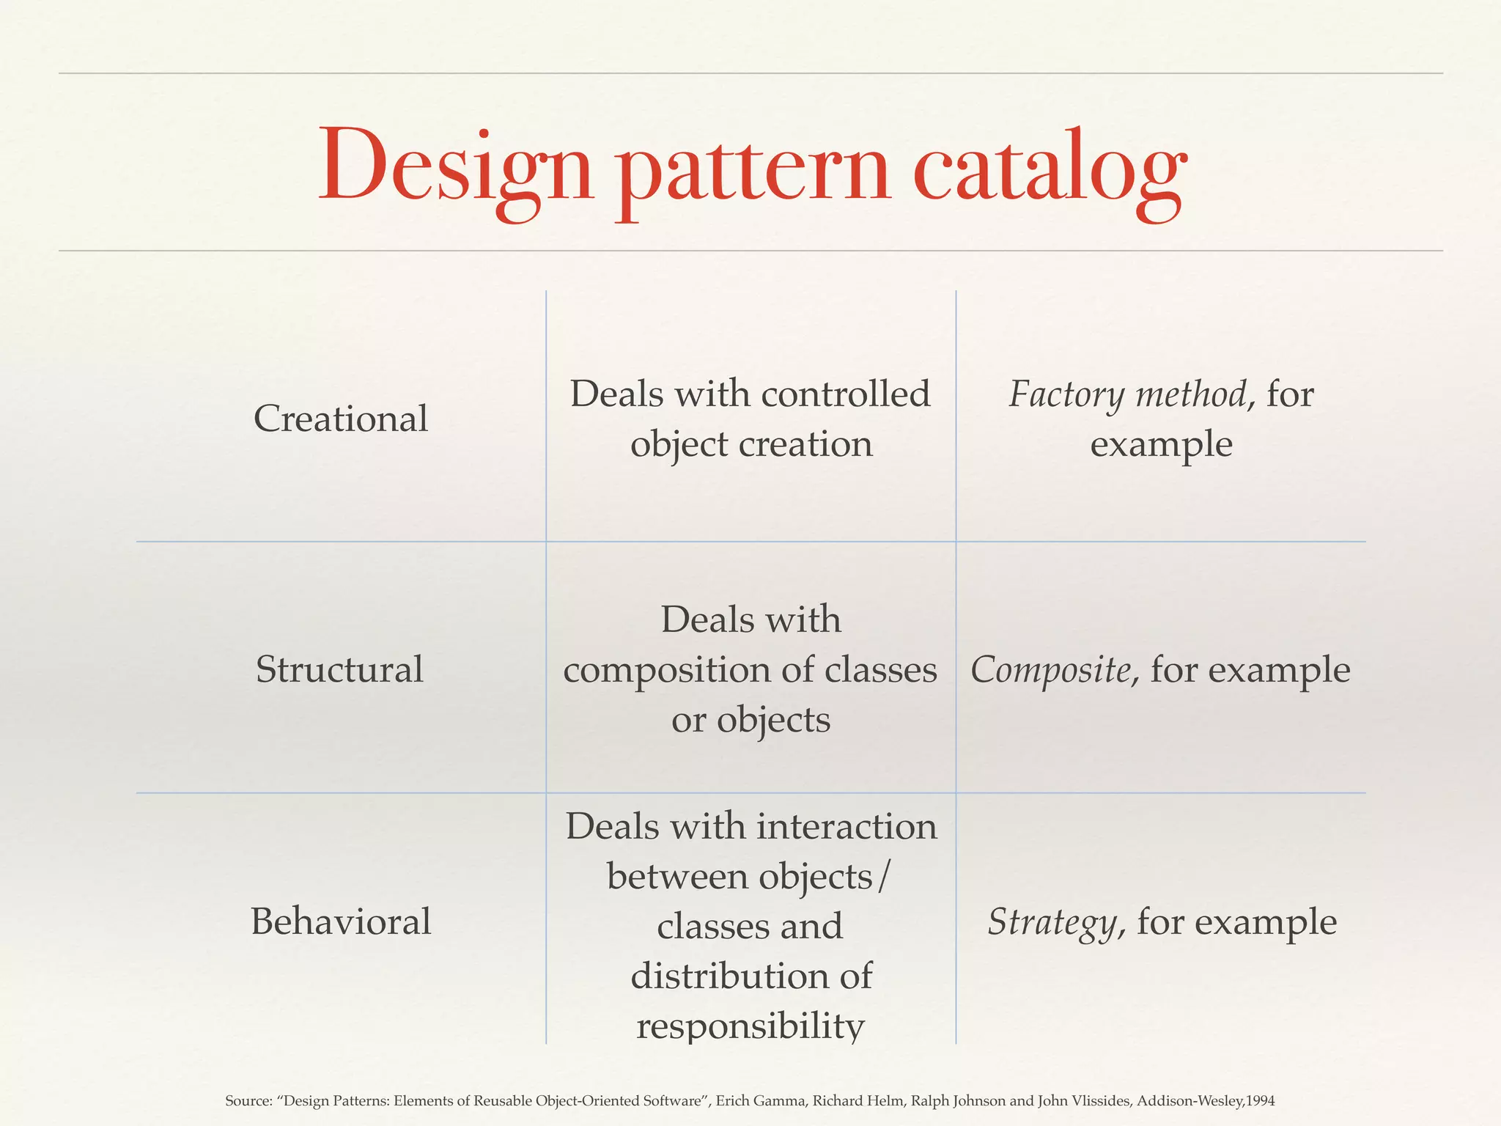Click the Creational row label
pyautogui.click(x=341, y=419)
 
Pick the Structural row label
pyautogui.click(x=339, y=669)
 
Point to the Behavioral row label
pyautogui.click(x=341, y=921)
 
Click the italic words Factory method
pyautogui.click(x=1127, y=394)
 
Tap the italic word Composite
pyautogui.click(x=1050, y=669)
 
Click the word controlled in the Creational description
pyautogui.click(x=846, y=394)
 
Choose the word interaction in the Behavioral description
pyautogui.click(x=847, y=827)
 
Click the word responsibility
pyautogui.click(x=750, y=1025)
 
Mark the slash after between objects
pyautogui.click(x=884, y=877)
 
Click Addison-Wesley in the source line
pyautogui.click(x=1190, y=1101)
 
